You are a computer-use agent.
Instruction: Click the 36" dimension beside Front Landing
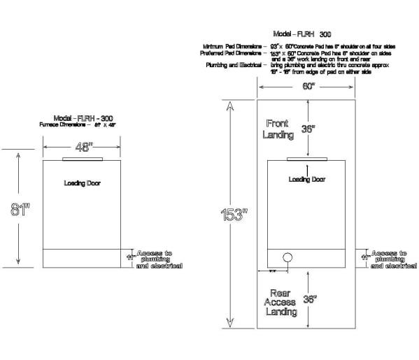308,129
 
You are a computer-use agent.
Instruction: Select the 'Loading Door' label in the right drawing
306,180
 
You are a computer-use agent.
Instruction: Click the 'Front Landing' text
278,129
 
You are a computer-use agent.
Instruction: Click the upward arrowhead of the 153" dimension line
228,106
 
